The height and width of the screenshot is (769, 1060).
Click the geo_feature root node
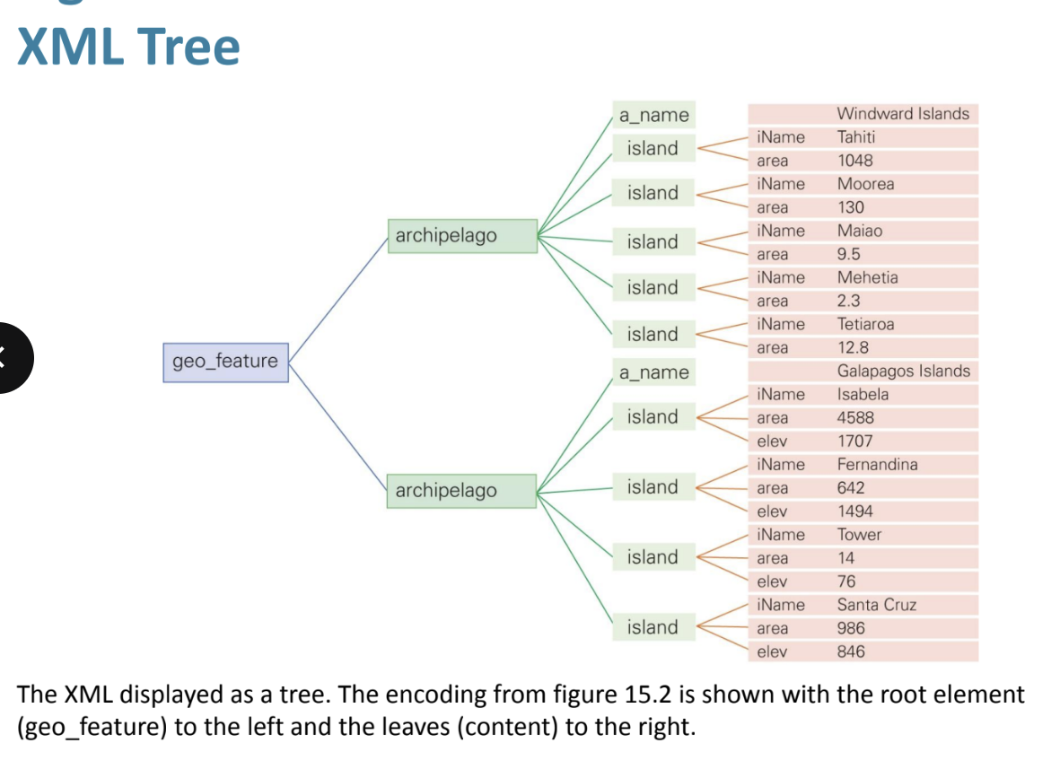pos(225,362)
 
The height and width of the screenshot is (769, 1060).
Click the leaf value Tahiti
pos(855,137)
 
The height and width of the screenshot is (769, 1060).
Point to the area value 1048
pos(854,161)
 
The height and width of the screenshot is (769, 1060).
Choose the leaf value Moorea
pos(865,184)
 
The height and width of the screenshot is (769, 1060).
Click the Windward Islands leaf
pos(902,114)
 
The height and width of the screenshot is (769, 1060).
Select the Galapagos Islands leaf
pos(903,371)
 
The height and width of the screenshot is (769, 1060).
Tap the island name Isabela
pos(863,394)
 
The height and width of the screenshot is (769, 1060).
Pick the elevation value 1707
pos(854,441)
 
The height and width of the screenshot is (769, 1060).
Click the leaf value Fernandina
pos(877,464)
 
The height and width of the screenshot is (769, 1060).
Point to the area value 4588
pos(854,417)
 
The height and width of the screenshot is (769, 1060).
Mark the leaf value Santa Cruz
pos(876,605)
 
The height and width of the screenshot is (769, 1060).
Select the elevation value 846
pos(851,651)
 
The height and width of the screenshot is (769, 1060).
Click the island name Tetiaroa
pos(865,324)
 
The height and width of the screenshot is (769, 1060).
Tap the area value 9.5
pos(848,254)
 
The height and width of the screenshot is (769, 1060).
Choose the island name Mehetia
pos(867,277)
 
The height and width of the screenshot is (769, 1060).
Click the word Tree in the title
pos(189,48)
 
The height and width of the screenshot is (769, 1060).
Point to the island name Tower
pos(859,535)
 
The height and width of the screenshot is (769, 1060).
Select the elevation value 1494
pos(854,511)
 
